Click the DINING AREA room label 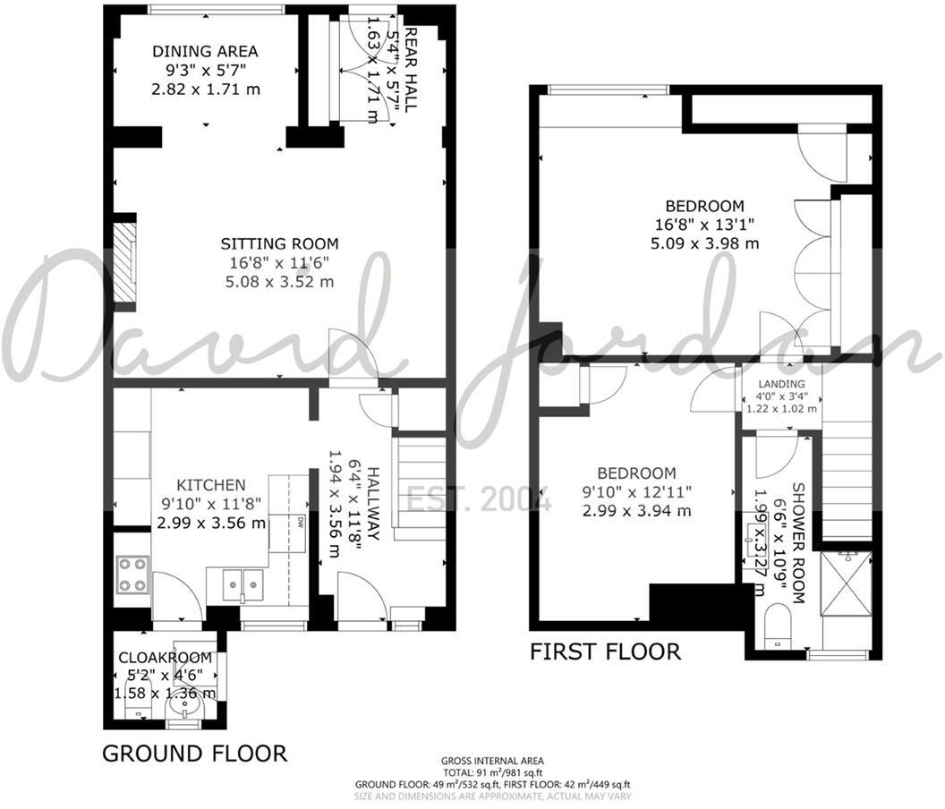point(205,51)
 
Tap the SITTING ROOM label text point(280,243)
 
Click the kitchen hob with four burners point(132,575)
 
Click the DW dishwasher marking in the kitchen point(301,521)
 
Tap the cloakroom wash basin point(187,708)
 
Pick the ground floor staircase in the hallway point(421,488)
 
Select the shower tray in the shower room point(846,583)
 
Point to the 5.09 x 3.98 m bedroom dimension point(710,243)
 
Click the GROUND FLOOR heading point(194,753)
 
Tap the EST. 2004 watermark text point(479,499)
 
